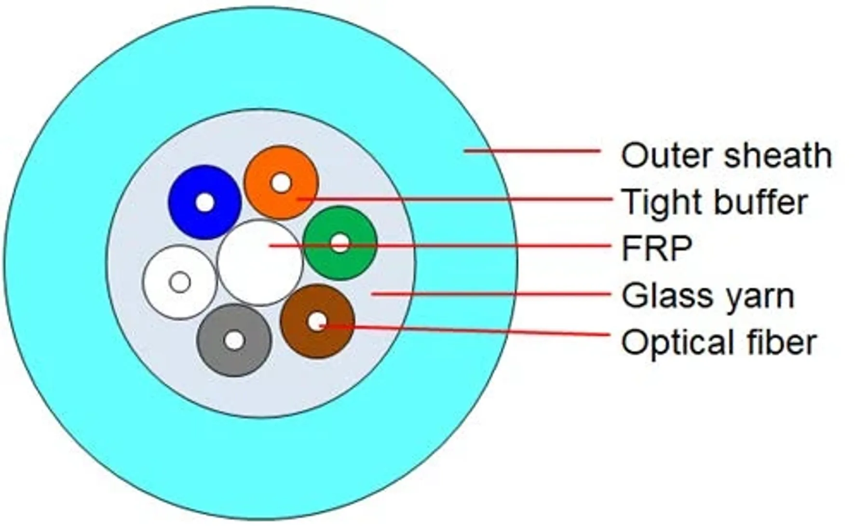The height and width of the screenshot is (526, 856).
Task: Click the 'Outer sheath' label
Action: tap(726, 156)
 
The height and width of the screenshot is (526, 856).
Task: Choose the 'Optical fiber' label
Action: tap(719, 342)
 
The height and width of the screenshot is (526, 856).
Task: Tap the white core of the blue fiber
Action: tap(204, 203)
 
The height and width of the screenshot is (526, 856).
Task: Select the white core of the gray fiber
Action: tap(234, 341)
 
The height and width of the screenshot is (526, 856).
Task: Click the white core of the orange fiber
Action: tap(280, 183)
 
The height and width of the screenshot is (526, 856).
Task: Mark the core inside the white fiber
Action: tap(180, 282)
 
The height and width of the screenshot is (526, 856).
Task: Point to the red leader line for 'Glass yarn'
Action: tap(492, 294)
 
